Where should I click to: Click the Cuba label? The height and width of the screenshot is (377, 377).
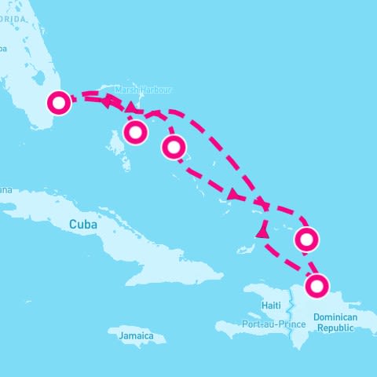83,225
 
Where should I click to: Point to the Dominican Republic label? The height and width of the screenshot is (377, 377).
335,322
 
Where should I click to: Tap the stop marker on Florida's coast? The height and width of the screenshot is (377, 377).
59,103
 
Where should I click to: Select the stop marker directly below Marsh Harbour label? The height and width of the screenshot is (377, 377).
136,133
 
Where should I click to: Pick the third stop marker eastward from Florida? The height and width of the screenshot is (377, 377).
174,146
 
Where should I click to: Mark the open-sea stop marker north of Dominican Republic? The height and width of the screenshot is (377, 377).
307,238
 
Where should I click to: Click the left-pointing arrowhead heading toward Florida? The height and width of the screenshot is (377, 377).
103,100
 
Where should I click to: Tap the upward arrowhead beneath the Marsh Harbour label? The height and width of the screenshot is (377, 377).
130,107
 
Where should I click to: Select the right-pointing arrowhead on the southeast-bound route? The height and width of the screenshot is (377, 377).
233,194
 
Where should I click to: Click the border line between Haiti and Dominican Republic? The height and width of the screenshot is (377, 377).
296,314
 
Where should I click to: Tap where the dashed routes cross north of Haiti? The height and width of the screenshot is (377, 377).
264,206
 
